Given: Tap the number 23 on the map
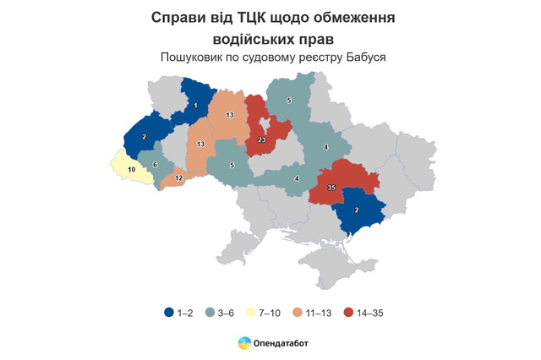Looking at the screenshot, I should coord(262,139).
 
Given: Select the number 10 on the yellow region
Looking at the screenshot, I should coord(131,170).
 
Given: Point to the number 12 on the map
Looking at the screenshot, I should coord(178,178).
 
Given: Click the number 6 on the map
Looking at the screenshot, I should coord(155,164).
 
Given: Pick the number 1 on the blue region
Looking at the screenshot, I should coord(195,106).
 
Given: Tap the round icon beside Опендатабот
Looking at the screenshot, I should coord(243,342).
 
